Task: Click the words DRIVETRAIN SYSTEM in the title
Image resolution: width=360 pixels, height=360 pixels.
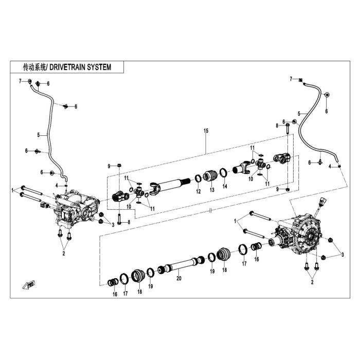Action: [80, 67]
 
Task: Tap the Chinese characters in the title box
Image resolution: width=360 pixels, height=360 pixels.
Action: [34, 67]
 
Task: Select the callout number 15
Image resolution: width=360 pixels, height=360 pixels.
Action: [206, 131]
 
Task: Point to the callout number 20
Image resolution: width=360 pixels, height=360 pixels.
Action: [179, 278]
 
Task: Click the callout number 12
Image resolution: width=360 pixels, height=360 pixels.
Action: [199, 191]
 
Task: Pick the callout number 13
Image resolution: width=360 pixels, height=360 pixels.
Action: [212, 190]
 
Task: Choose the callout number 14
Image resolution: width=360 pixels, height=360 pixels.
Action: [225, 186]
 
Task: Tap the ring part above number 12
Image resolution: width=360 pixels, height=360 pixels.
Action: [199, 178]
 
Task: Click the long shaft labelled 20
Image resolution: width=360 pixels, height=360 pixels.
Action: [182, 264]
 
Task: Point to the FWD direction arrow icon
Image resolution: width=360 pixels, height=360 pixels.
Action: [29, 285]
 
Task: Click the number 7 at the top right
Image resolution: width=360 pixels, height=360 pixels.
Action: [291, 79]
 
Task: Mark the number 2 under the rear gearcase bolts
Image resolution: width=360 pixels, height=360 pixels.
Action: [312, 282]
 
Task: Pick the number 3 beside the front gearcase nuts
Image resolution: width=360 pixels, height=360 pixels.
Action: [113, 225]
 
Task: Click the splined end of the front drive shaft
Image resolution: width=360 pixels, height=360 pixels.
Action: [184, 182]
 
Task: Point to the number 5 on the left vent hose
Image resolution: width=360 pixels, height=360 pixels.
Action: [39, 135]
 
